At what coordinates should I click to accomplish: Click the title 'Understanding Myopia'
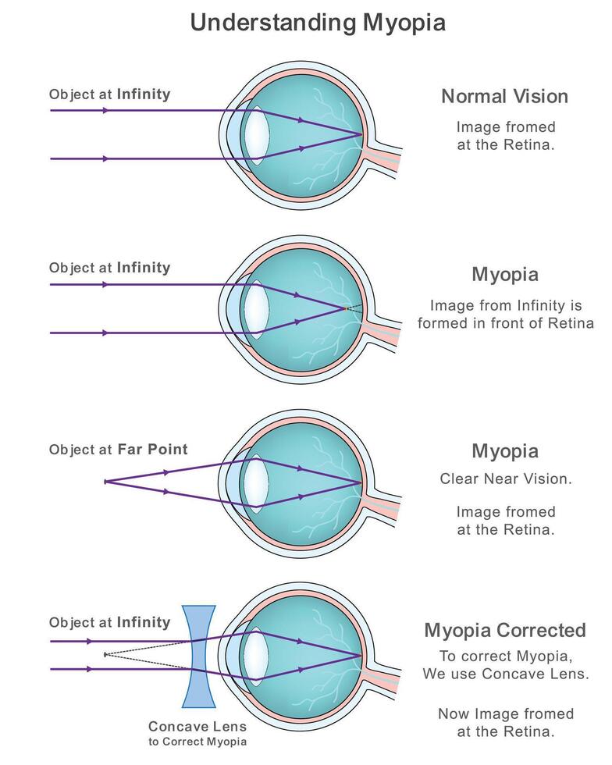[318, 23]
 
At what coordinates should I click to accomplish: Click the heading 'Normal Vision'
[504, 97]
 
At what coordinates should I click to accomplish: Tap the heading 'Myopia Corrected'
[504, 630]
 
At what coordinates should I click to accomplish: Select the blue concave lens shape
[199, 656]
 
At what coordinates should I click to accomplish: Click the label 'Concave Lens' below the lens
[197, 726]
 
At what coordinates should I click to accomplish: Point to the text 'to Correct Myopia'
[197, 742]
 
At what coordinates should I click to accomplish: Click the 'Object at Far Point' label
[118, 450]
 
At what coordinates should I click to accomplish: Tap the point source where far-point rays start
[105, 482]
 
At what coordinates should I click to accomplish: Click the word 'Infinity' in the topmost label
[144, 94]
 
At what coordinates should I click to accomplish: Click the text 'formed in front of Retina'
[505, 323]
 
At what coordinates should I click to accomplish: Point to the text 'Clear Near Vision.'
[505, 479]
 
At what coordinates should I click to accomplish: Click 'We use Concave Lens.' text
[505, 673]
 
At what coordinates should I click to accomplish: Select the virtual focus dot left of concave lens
[105, 655]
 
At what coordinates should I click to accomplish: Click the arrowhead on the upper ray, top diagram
[105, 111]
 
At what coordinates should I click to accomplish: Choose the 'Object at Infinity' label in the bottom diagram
[109, 623]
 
